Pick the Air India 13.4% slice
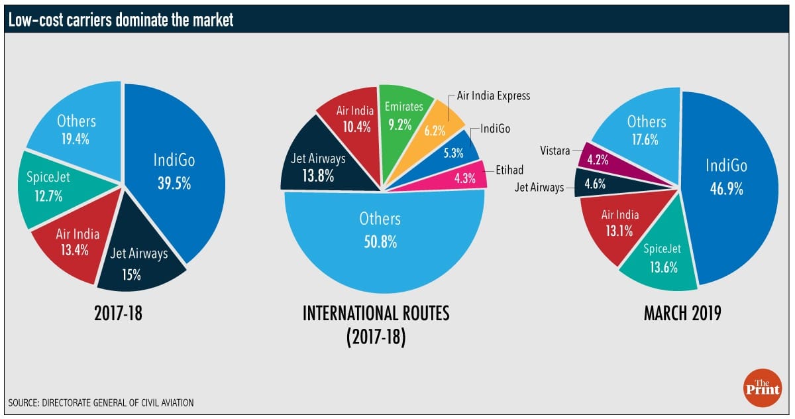click(x=74, y=240)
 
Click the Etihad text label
click(x=510, y=171)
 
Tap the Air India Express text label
click(x=494, y=95)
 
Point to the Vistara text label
click(x=556, y=151)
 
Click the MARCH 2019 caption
click(x=682, y=314)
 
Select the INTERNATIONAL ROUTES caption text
click(x=376, y=314)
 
